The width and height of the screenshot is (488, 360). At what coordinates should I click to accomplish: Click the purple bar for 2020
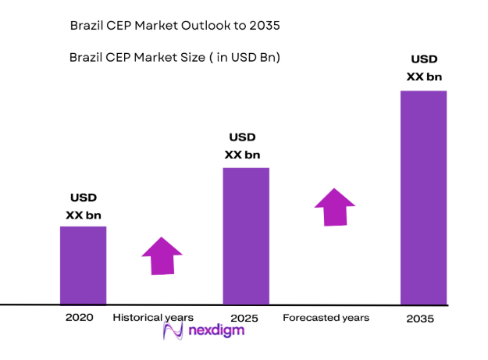(x=83, y=266)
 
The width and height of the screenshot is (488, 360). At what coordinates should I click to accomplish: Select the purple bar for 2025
(x=246, y=236)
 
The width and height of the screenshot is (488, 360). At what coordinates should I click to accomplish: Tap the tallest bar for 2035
(x=423, y=198)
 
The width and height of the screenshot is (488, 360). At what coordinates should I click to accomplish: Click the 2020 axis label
(x=80, y=318)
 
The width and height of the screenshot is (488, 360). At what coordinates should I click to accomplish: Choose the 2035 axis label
(x=420, y=319)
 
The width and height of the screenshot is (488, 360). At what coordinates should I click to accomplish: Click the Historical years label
(x=153, y=318)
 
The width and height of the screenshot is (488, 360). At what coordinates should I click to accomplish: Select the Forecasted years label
(x=326, y=318)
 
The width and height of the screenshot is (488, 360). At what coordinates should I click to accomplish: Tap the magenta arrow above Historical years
(x=162, y=255)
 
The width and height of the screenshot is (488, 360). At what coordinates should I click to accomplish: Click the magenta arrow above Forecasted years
(x=334, y=207)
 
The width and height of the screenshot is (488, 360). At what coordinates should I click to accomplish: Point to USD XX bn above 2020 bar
(x=84, y=206)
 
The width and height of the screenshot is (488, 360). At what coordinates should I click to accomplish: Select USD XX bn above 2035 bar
(x=424, y=68)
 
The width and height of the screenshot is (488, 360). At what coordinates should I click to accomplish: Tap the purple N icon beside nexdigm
(x=173, y=331)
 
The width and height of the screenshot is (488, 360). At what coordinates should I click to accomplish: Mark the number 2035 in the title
(x=264, y=26)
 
